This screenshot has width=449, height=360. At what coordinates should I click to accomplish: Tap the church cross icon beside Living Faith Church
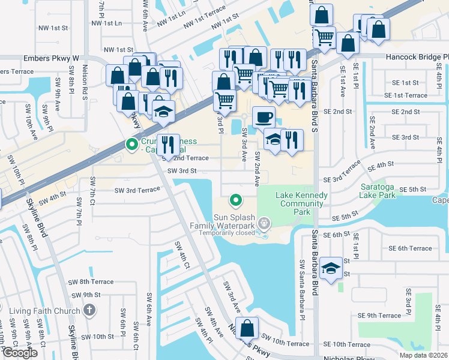coord(89,310)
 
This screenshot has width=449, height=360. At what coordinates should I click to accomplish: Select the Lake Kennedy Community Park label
coord(302,203)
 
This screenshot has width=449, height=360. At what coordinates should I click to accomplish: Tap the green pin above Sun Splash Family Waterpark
coord(236,200)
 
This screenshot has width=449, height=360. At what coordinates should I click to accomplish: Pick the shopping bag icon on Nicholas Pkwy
coord(247,328)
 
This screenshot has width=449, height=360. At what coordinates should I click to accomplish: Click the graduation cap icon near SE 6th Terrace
coord(330,268)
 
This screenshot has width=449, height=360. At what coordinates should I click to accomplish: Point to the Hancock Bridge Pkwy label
coord(417,56)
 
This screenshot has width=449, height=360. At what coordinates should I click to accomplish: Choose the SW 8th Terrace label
coord(92,281)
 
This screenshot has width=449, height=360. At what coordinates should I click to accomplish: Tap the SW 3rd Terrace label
coord(137,190)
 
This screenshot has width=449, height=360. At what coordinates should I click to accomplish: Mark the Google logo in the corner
coord(20,353)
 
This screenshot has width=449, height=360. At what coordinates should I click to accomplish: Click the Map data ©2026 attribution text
coord(423,355)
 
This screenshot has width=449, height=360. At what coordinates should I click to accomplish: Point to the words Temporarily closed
coord(227,233)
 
